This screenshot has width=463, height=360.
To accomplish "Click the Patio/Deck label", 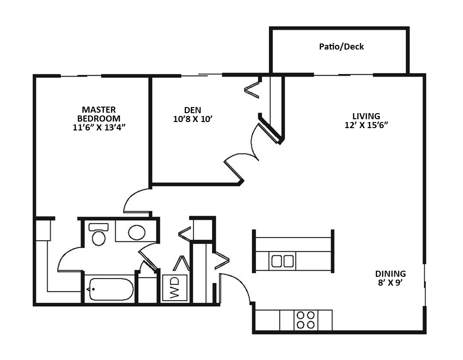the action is click(x=342, y=47).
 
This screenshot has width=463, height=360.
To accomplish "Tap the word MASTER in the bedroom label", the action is click(x=99, y=110).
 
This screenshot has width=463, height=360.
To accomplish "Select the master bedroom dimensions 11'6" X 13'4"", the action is click(x=99, y=127).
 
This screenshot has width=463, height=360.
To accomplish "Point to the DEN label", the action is click(x=192, y=110).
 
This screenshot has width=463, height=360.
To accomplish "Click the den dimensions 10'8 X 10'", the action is click(x=193, y=119).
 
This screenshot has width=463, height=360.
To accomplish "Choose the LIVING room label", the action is click(x=366, y=116).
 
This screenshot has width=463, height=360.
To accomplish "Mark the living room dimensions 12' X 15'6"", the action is click(x=366, y=125).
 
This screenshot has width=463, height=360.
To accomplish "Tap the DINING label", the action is click(x=391, y=274).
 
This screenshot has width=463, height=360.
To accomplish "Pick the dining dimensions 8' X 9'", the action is click(x=391, y=283).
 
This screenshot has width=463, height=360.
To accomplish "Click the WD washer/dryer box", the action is click(x=175, y=288).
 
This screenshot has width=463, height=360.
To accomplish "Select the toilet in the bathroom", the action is click(x=99, y=235).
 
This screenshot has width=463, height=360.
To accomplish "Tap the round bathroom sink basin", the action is click(x=137, y=232).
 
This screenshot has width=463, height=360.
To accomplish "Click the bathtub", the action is click(x=110, y=289).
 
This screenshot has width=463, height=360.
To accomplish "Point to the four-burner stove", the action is click(x=306, y=320).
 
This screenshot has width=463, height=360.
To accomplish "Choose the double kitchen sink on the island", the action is click(x=283, y=261).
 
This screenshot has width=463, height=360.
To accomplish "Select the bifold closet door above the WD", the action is click(x=181, y=263).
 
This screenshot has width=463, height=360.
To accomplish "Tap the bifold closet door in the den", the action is click(x=252, y=89).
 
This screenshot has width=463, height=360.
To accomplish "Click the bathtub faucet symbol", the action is click(x=90, y=289).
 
